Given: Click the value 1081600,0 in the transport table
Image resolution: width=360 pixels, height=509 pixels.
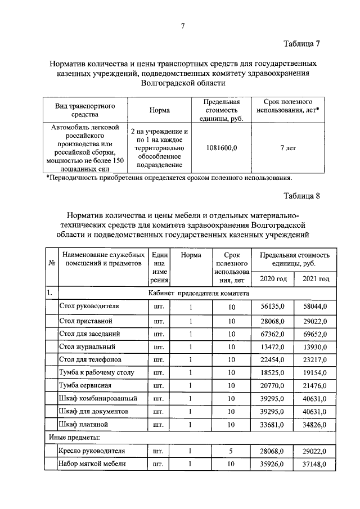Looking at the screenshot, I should (222, 148).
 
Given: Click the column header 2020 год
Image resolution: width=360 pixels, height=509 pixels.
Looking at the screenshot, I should (273, 279).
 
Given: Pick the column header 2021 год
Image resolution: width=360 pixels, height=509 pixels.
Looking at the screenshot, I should (316, 279).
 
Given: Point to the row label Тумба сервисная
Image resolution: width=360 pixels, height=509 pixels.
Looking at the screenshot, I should (85, 385).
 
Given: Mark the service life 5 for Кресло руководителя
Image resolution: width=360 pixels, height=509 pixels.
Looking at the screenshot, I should (231, 451).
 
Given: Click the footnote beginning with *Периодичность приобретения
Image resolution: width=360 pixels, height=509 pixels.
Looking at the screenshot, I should (169, 178).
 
